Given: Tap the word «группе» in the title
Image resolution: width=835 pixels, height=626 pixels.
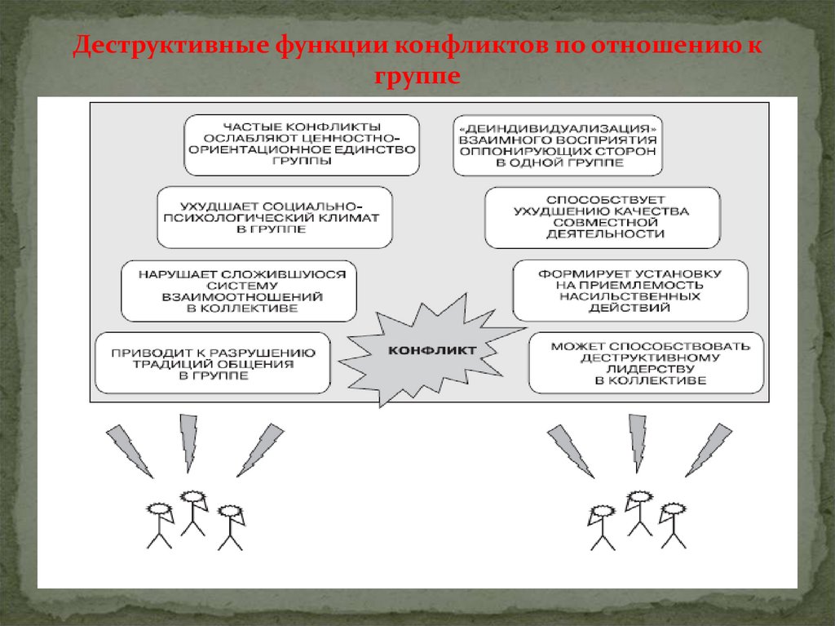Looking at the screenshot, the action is [x=417, y=78].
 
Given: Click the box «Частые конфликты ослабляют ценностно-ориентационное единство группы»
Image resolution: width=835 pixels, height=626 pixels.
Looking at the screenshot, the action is [x=302, y=144].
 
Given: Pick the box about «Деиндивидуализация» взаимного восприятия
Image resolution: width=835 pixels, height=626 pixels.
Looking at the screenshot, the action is [x=558, y=144].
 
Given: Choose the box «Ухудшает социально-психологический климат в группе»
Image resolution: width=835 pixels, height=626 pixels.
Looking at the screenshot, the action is [x=275, y=217].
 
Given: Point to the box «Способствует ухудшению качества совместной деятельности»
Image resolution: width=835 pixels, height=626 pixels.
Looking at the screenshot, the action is [x=603, y=217].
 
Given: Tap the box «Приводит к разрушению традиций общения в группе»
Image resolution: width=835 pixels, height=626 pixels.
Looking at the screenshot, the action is [x=213, y=362].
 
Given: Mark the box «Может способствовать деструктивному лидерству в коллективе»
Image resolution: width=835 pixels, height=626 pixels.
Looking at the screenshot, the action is [x=646, y=362].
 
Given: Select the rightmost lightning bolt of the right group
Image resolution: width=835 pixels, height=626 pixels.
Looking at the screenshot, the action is [x=708, y=450].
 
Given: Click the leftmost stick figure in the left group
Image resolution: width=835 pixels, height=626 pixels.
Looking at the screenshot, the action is [x=158, y=525].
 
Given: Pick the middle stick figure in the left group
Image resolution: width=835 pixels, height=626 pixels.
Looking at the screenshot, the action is [x=193, y=513].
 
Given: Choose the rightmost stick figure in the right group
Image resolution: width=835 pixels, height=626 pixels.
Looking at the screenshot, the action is [x=673, y=525].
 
